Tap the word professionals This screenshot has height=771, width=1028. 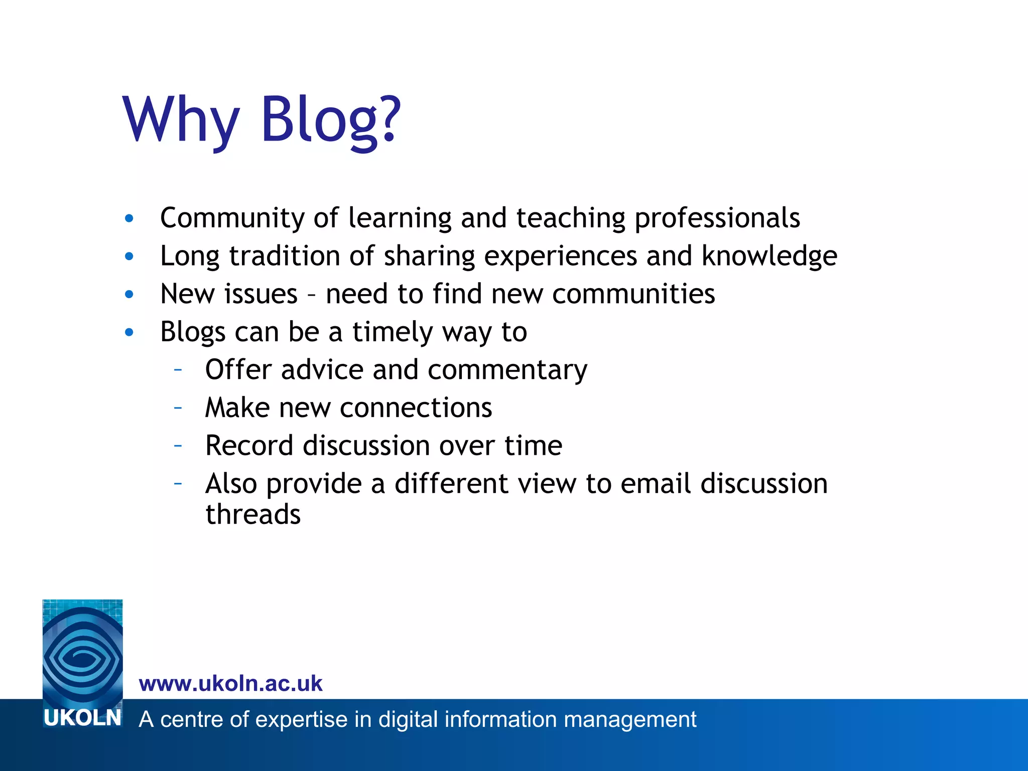pyautogui.click(x=717, y=218)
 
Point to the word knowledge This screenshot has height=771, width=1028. pyautogui.click(x=769, y=256)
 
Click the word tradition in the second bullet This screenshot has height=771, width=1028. pyautogui.click(x=284, y=256)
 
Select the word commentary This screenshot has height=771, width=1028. pyautogui.click(x=507, y=370)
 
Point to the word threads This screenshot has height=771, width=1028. pyautogui.click(x=253, y=515)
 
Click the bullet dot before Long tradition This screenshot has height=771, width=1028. pyautogui.click(x=130, y=256)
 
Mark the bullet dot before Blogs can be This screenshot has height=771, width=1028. pyautogui.click(x=130, y=332)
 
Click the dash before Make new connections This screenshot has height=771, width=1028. pyautogui.click(x=178, y=408)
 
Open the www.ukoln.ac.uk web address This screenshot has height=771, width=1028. pyautogui.click(x=230, y=684)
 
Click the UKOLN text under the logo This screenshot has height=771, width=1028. pyautogui.click(x=82, y=718)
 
